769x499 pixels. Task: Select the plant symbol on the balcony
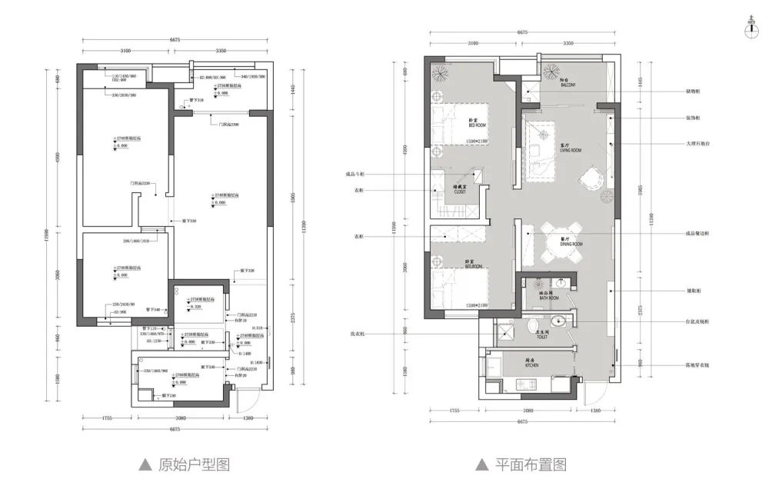[551, 72]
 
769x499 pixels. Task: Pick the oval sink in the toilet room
[561, 321]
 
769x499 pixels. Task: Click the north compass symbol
[751, 29]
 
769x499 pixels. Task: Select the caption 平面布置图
[530, 464]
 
